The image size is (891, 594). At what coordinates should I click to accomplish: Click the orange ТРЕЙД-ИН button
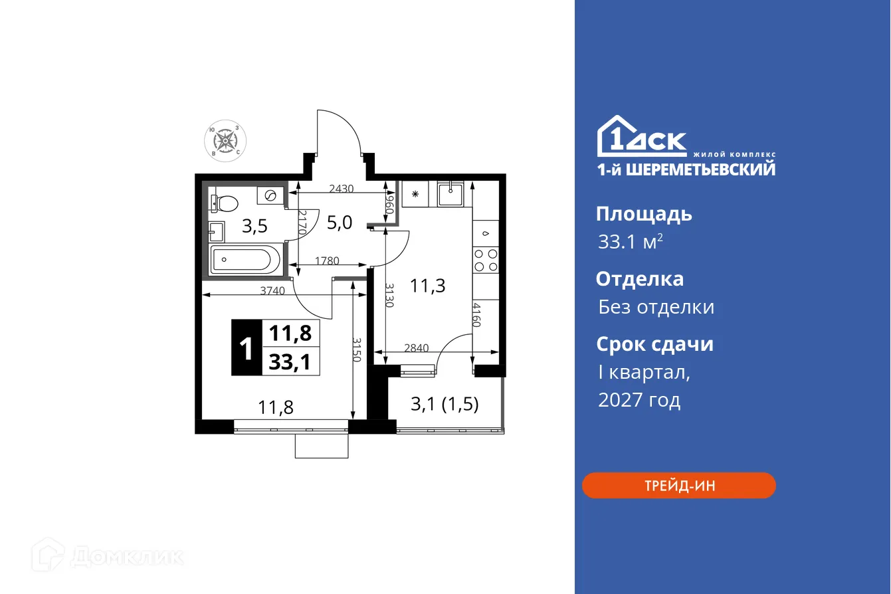point(678,486)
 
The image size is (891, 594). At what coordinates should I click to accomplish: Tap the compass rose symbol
point(225,141)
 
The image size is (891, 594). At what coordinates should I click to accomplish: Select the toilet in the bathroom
point(223,201)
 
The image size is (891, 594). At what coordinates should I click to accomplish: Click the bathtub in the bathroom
point(245,260)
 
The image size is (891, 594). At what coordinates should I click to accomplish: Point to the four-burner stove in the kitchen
point(485,260)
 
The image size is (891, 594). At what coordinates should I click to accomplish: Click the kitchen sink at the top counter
point(453,194)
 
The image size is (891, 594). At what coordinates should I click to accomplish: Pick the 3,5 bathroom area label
point(254,227)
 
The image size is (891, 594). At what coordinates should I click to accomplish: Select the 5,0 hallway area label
point(339,222)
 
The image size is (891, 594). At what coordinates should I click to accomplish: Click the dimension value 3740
point(273,290)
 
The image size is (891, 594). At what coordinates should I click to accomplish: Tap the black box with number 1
point(247,347)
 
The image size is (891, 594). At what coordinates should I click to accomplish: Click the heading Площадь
point(643,214)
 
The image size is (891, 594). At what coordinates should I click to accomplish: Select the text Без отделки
point(656,307)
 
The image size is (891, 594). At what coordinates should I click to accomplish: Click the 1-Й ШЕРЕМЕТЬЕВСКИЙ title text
point(685,169)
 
